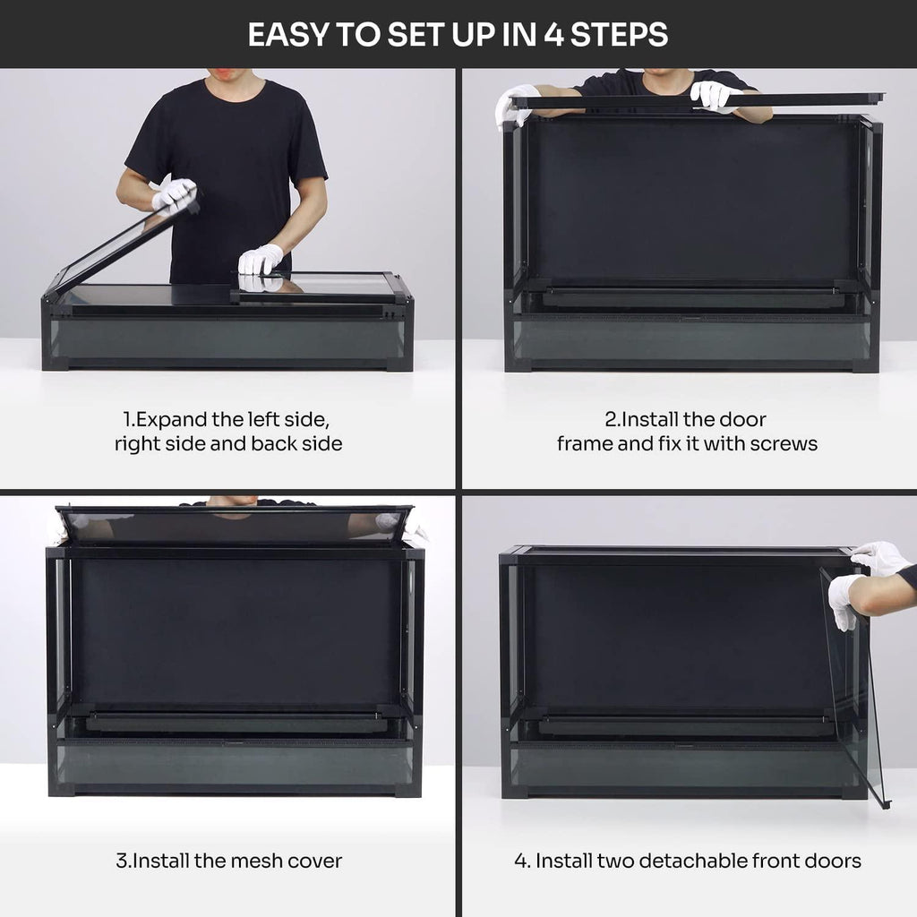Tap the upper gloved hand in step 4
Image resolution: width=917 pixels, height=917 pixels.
pyautogui.click(x=879, y=559)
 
